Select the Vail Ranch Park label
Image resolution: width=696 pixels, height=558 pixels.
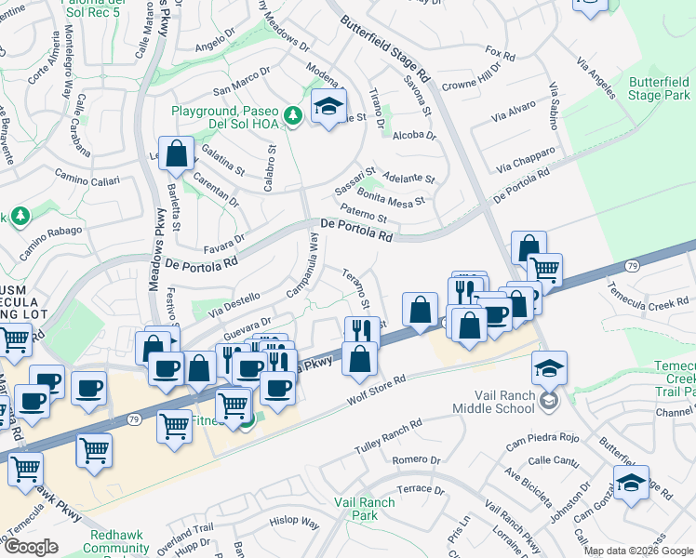click(x=364, y=508)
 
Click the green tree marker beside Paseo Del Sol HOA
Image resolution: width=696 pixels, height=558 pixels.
click(x=293, y=115)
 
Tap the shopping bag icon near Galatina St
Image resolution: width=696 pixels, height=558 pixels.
click(x=176, y=154)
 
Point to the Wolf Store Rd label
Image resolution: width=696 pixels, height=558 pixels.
click(x=377, y=388)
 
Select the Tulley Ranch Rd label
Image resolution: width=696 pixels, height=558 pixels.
click(x=388, y=436)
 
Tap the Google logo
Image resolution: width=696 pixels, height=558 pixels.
click(x=32, y=547)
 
